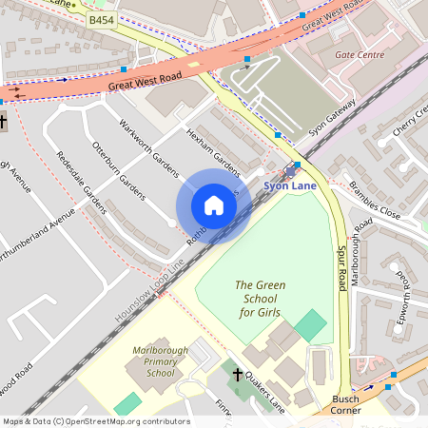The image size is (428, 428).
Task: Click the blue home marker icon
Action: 214,205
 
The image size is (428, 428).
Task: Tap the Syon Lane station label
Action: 290,185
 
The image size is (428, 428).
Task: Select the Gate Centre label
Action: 360,54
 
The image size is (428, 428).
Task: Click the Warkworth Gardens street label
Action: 148,147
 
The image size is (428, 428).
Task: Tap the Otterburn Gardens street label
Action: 118,171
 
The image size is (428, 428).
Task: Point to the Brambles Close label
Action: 375,200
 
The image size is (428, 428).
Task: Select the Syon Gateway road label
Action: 332,119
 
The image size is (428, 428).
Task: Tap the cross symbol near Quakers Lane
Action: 238,376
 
